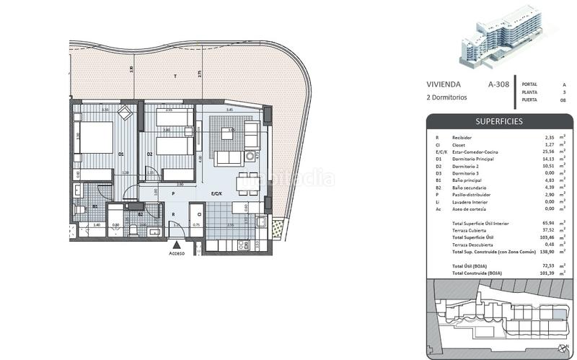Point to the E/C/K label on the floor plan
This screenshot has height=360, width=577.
coord(216,193)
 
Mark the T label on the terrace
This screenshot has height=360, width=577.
coord(174,76)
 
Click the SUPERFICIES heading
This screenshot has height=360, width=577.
coord(498,121)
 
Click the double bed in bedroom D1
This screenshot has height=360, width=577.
coord(94,137)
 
